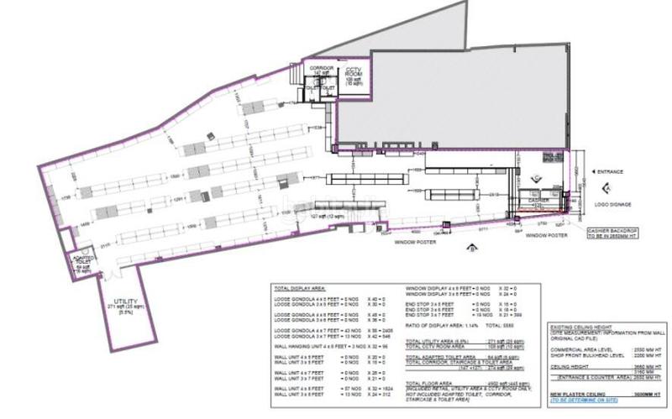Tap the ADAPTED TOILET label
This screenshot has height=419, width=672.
tap(82, 262)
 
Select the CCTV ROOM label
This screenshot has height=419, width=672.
tap(354, 73)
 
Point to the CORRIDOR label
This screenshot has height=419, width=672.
tap(322, 70)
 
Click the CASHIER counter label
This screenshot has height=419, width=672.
tap(538, 201)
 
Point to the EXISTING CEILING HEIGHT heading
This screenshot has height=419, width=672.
tap(585, 325)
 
